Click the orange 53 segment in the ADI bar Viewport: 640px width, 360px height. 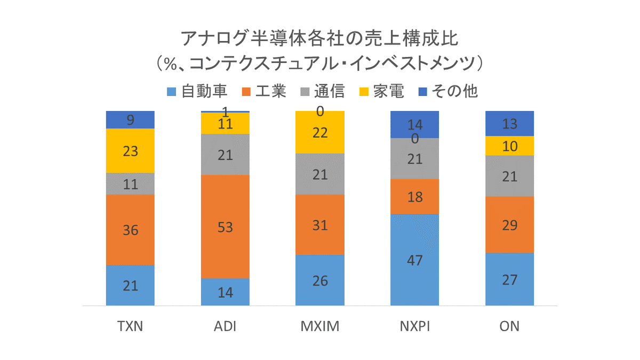(225, 226)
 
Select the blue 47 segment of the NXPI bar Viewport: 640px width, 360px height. (414, 260)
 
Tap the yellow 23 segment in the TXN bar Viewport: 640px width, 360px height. (130, 151)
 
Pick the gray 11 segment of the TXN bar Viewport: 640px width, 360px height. (130, 184)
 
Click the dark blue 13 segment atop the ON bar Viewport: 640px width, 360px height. (509, 123)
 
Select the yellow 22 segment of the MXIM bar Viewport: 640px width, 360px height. (320, 132)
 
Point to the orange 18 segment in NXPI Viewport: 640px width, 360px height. (414, 196)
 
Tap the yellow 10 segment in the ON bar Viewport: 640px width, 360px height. (509, 146)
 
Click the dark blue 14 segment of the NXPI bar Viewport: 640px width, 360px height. (414, 124)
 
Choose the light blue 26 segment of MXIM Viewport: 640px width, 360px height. (320, 280)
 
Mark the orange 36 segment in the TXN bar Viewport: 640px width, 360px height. (130, 230)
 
